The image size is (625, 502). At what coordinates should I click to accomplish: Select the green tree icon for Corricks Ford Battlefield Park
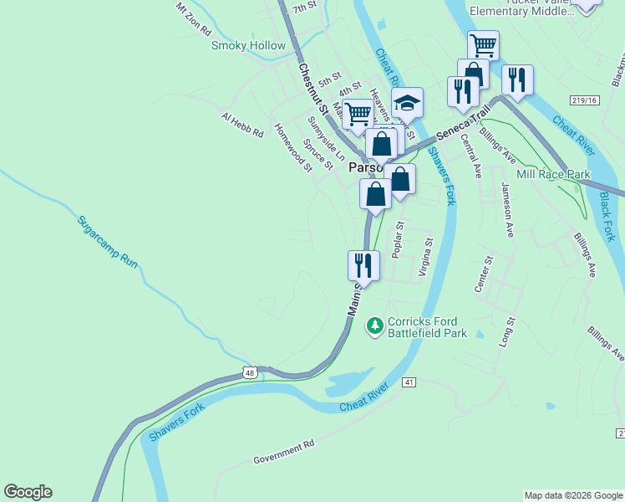point(375,324)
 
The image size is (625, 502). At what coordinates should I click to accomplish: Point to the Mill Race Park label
point(553,174)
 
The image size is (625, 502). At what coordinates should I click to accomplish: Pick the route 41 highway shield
point(409,382)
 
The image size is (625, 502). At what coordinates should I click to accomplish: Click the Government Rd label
point(283,451)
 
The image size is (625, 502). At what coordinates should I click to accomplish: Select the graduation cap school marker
point(407,103)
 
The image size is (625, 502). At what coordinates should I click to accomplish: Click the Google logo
point(28,492)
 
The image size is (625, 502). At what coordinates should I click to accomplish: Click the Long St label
point(506,333)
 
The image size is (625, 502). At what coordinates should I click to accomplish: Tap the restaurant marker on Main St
point(363,265)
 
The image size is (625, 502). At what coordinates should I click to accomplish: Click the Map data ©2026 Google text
point(573,495)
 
